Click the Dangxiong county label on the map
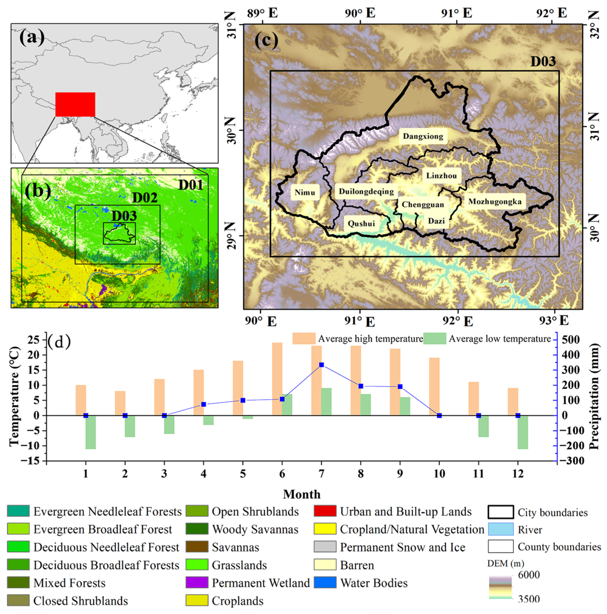click(x=423, y=136)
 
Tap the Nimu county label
click(x=305, y=193)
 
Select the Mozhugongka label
click(x=495, y=202)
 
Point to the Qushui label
click(x=361, y=223)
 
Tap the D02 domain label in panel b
click(x=145, y=198)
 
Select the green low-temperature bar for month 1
click(x=91, y=432)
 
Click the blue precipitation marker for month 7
click(x=321, y=365)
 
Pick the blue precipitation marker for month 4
click(x=204, y=405)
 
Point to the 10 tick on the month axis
click(x=439, y=474)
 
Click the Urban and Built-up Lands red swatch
click(x=325, y=511)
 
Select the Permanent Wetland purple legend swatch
click(x=197, y=583)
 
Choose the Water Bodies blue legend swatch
click(x=325, y=583)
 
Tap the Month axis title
click(x=302, y=494)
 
